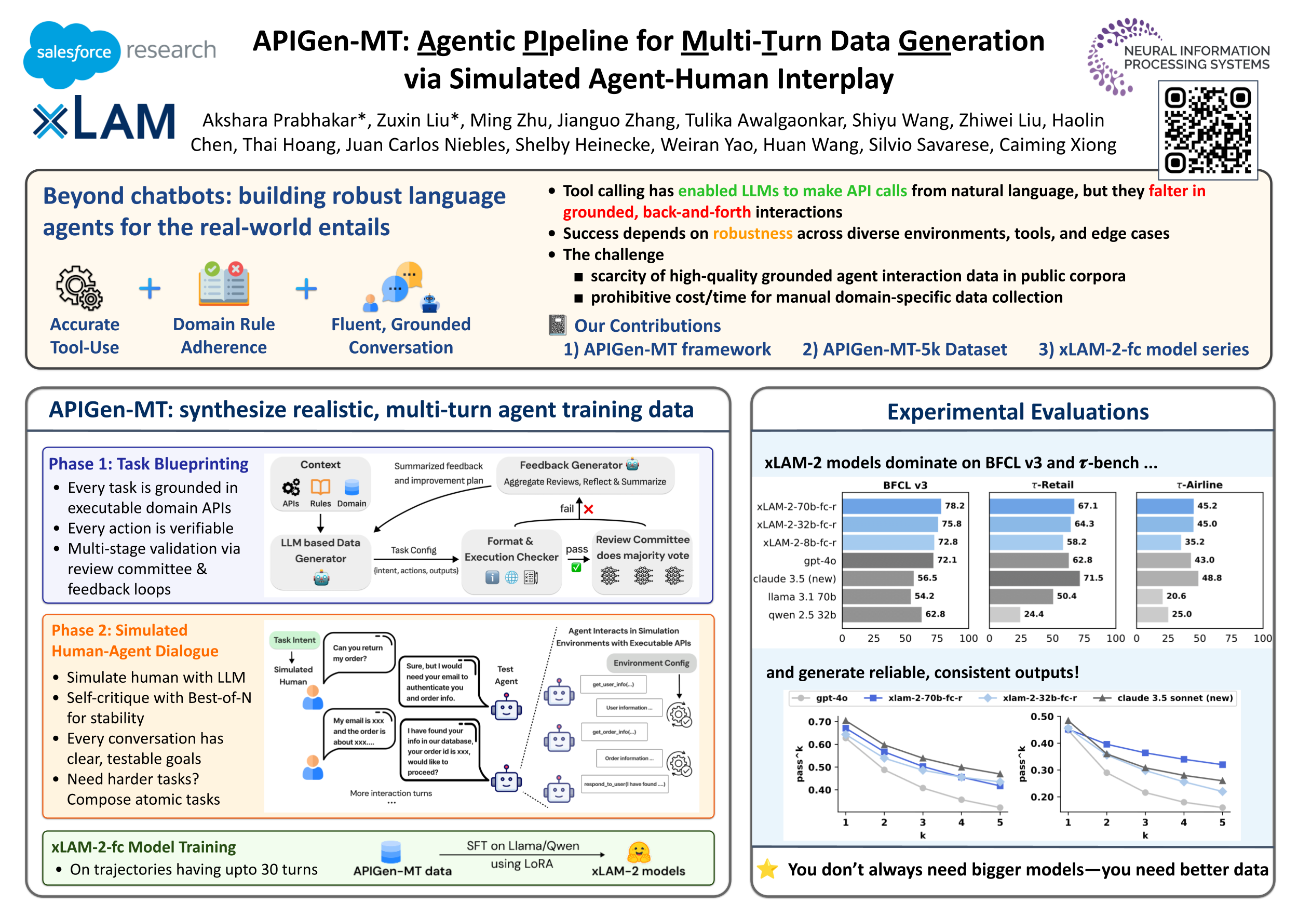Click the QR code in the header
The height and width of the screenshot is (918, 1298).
coord(1207,130)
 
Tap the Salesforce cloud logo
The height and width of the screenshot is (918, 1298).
coord(72,53)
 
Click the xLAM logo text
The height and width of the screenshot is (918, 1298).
coord(104,120)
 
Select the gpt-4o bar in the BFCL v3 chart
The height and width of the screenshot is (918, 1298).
coord(887,560)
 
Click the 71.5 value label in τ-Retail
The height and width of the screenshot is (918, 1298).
coord(1093,578)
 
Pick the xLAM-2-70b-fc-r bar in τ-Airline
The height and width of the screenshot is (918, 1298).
coord(1165,506)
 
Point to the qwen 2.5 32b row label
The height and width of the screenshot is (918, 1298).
coord(802,614)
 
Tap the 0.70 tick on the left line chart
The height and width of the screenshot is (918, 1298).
coord(819,722)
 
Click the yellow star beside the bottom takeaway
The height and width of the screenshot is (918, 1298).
coord(767,869)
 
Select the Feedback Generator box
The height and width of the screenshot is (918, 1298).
coord(585,474)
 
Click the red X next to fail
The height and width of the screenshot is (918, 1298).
coord(588,509)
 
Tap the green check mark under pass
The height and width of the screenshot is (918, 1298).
coord(576,567)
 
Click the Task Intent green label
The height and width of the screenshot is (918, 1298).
coord(294,640)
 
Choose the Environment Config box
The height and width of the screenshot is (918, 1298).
coord(651,663)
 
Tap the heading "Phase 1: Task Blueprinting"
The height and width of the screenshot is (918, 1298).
coord(148,464)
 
